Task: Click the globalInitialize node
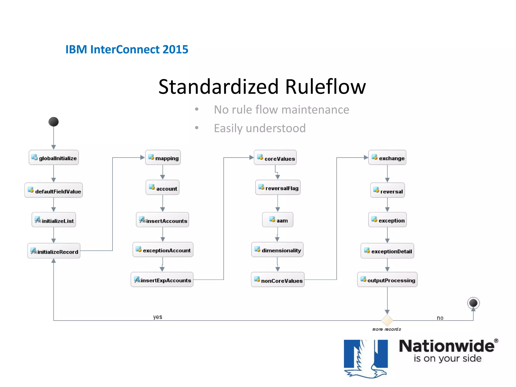tap(54, 158)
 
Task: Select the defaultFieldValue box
tap(54, 190)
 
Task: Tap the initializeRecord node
tap(54, 251)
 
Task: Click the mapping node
tap(163, 158)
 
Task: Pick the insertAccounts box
tap(163, 220)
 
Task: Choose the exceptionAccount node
tap(163, 250)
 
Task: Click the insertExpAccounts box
tap(162, 280)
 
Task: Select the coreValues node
tap(275, 158)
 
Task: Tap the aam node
tap(278, 220)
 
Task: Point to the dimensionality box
tap(277, 250)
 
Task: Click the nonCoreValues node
tap(278, 280)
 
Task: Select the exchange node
tap(387, 158)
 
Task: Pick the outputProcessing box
tap(387, 280)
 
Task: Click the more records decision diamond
tap(387, 320)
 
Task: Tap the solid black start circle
tap(53, 122)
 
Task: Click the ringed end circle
tap(473, 303)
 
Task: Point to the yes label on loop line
tap(158, 317)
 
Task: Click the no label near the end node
tap(440, 318)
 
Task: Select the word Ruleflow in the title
tap(325, 87)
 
